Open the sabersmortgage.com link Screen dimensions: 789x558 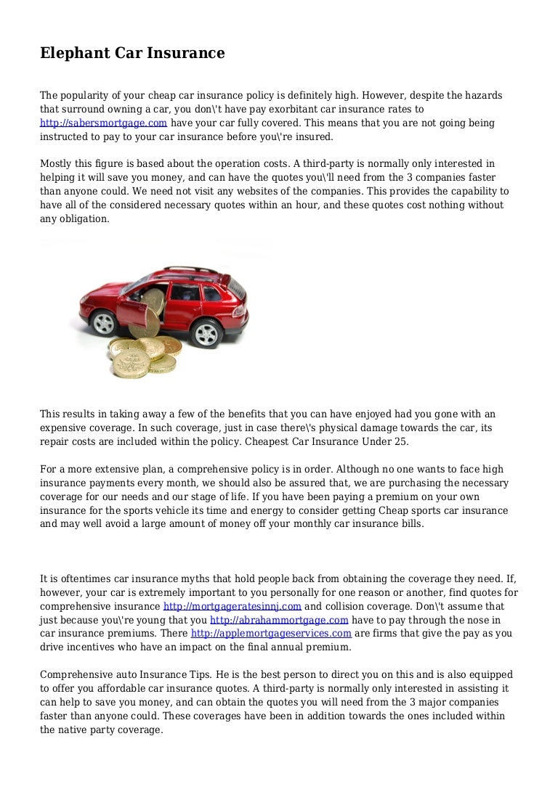(x=103, y=123)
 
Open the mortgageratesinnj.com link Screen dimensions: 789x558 (x=232, y=606)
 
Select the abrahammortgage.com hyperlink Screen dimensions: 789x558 (x=280, y=620)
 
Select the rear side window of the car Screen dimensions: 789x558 (x=211, y=294)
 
